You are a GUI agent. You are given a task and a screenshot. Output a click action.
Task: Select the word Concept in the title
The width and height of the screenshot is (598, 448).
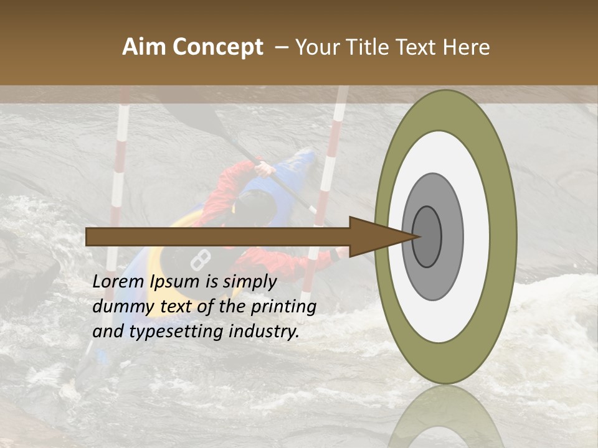(219, 48)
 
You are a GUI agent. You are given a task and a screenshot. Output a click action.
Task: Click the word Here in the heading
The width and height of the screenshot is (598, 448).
(468, 47)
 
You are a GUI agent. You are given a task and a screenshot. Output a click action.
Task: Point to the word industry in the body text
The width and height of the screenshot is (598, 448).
(264, 332)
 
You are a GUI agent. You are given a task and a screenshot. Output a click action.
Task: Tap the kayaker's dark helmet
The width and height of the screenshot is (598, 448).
(255, 205)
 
